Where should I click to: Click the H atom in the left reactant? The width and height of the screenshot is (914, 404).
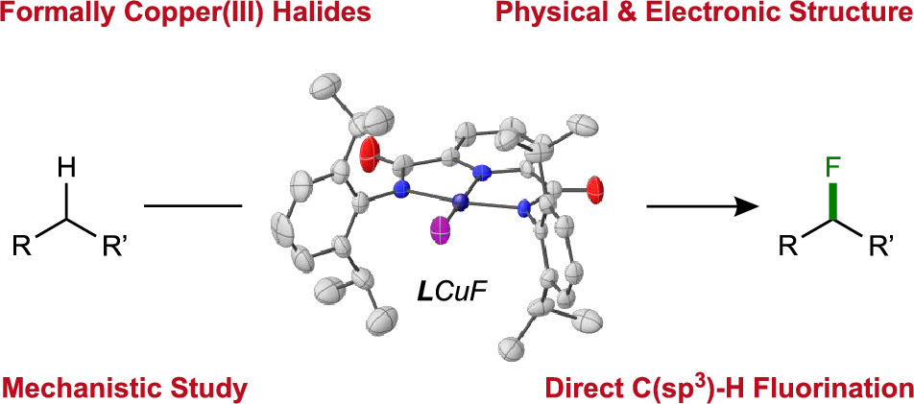[x=66, y=169]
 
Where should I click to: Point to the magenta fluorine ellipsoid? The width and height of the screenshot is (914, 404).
[x=442, y=231]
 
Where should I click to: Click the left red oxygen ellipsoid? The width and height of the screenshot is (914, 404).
[x=372, y=154]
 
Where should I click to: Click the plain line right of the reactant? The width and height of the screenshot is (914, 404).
[x=192, y=205]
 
